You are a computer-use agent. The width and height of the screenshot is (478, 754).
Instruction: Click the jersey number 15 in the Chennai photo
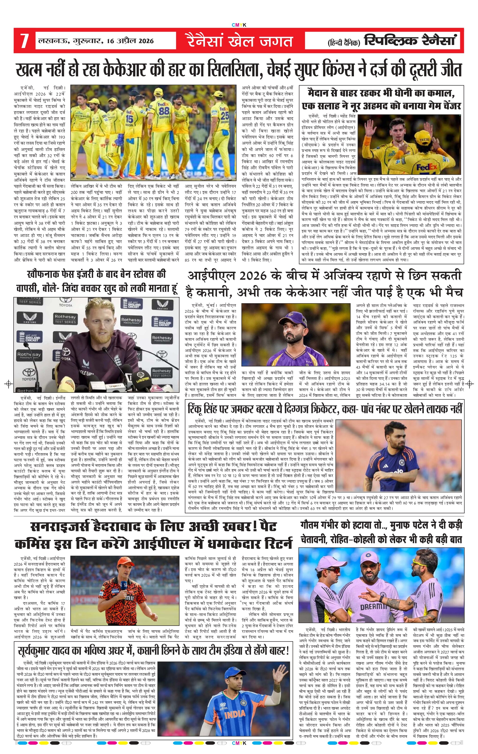pos(129,119)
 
